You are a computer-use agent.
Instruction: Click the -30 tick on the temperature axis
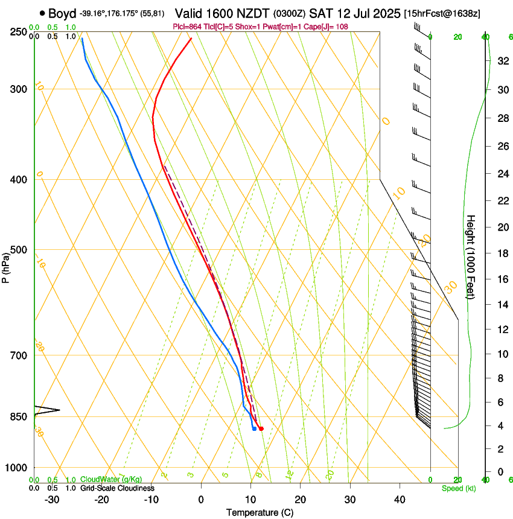pos(52,499)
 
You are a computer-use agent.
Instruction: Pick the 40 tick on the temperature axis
pos(400,499)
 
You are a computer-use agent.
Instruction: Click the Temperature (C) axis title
pos(260,512)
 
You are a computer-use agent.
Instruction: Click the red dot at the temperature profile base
pos(261,428)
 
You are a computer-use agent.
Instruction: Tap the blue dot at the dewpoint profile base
pos(254,428)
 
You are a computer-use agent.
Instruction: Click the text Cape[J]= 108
pos(329,27)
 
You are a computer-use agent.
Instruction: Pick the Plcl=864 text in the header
pos(187,27)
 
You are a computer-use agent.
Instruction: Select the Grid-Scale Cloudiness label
pos(117,488)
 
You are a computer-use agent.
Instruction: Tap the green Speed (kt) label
pos(458,488)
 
